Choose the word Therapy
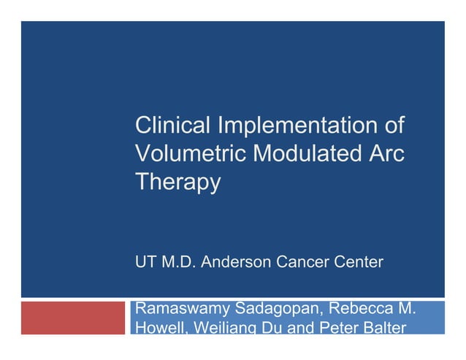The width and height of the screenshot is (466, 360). pos(177,183)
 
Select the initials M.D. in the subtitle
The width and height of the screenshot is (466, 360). pos(180,261)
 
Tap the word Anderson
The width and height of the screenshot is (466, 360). pos(237,261)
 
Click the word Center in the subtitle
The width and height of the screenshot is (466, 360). pos(358,261)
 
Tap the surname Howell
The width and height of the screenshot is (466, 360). pos(158,328)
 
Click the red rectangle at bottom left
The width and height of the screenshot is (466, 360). pos(73,318)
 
